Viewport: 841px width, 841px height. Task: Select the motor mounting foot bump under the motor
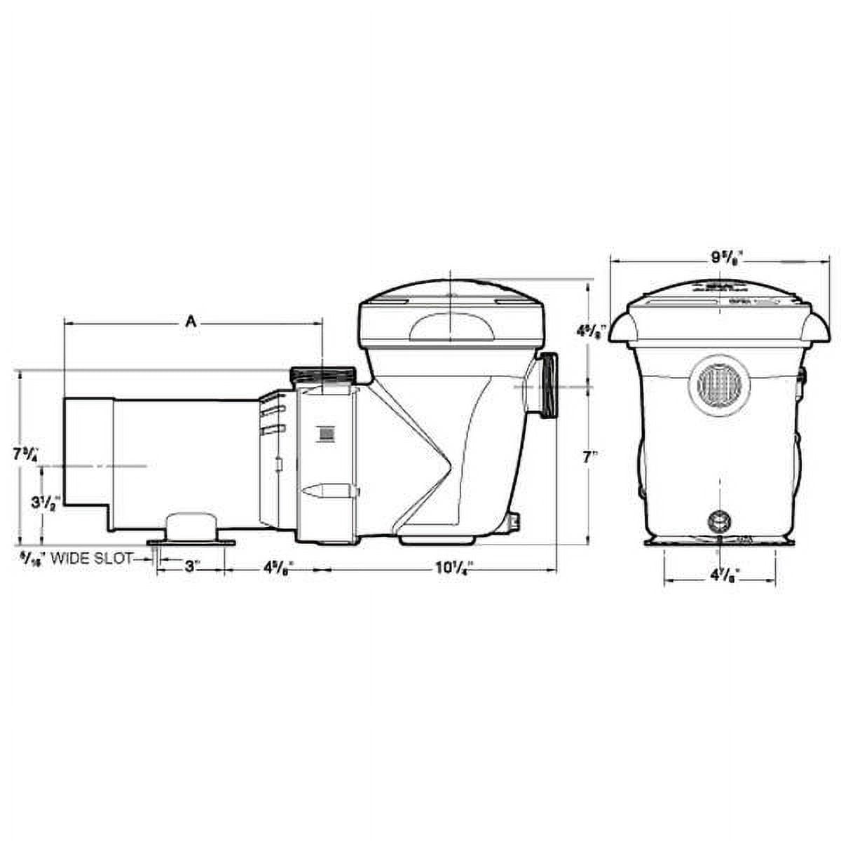click(x=191, y=526)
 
